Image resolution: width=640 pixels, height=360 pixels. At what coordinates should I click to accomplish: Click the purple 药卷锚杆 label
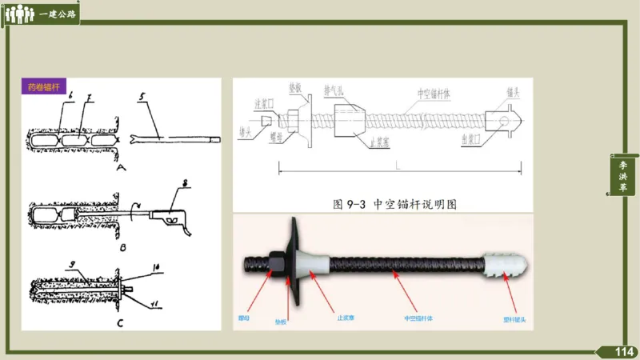coord(44,86)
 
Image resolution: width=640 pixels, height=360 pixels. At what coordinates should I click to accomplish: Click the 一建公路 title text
coord(58,14)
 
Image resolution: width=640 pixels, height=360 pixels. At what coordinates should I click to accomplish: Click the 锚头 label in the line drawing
coord(513,93)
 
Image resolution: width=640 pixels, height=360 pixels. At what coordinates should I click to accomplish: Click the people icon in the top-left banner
coord(20,14)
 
